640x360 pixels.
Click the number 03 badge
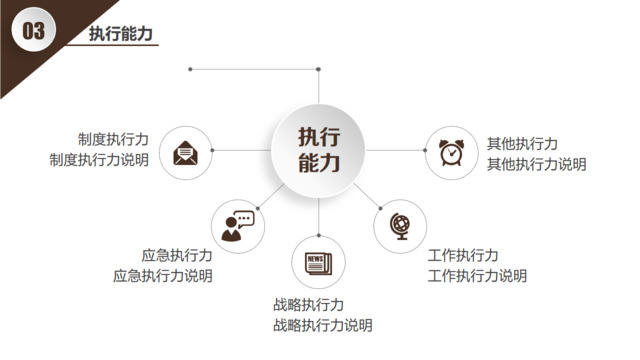pyautogui.click(x=33, y=32)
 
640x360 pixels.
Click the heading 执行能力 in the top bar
pyautogui.click(x=121, y=33)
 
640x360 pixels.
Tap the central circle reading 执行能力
pyautogui.click(x=319, y=150)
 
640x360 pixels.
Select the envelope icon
pyautogui.click(x=185, y=153)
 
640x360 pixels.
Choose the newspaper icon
pyautogui.click(x=318, y=263)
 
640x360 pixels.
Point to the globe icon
pyautogui.click(x=400, y=225)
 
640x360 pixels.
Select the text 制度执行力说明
pyautogui.click(x=99, y=160)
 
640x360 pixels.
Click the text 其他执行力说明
pyautogui.click(x=537, y=164)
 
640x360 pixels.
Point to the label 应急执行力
pyautogui.click(x=177, y=256)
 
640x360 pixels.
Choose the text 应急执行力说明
pyautogui.click(x=162, y=276)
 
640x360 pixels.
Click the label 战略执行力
pyautogui.click(x=308, y=305)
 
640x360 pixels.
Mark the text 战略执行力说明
pyautogui.click(x=323, y=325)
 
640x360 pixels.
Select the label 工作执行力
pyautogui.click(x=463, y=256)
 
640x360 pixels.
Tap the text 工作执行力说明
pyautogui.click(x=477, y=276)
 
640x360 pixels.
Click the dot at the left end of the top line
pyautogui.click(x=190, y=69)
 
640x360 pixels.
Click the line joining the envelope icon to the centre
pyautogui.click(x=240, y=150)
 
